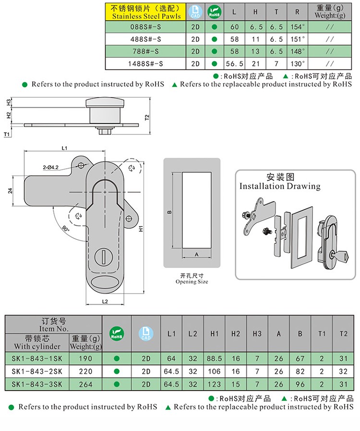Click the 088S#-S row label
145,27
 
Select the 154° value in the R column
298,27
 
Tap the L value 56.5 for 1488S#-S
234,63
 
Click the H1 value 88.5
214,358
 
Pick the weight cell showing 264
85,384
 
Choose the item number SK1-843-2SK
37,371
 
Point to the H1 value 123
214,384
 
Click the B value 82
300,371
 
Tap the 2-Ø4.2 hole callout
51,167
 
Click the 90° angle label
66,227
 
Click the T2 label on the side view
147,117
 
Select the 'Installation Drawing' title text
280,186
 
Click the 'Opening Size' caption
192,282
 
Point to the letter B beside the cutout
169,211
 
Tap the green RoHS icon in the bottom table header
115,333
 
